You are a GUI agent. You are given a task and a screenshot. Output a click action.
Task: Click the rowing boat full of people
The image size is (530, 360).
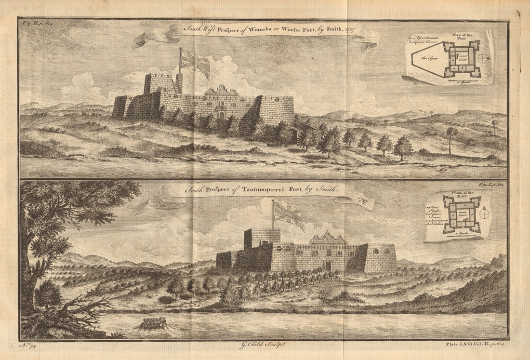(x=152, y=323)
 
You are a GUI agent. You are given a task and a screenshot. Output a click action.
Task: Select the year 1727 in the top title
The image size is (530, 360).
(x=350, y=30)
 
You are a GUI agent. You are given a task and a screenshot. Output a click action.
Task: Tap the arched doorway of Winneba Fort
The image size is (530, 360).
(x=221, y=115)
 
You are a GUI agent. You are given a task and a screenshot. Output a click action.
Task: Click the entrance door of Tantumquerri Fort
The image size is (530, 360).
(x=328, y=266)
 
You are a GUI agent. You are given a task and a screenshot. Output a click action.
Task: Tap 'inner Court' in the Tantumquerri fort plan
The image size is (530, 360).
(x=462, y=210)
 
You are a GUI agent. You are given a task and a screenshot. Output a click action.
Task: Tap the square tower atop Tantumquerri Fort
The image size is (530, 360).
(x=262, y=238)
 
